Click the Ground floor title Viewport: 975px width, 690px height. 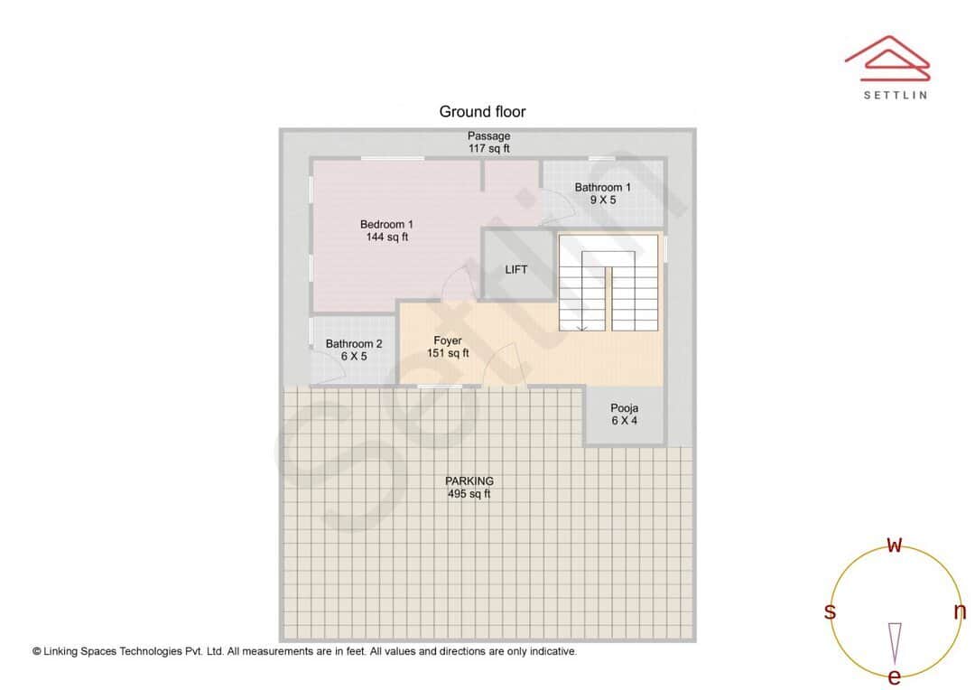(x=482, y=112)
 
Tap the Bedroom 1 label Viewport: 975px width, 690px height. (x=386, y=224)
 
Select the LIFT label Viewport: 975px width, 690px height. (x=516, y=269)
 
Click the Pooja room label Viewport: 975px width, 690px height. (x=624, y=408)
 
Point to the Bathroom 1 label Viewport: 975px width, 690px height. (x=603, y=188)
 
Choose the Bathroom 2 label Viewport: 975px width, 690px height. (x=354, y=344)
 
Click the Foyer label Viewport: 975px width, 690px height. (x=448, y=340)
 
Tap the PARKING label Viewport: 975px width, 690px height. (x=469, y=481)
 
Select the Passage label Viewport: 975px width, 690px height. (x=488, y=136)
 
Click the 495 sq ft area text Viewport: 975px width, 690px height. (x=469, y=494)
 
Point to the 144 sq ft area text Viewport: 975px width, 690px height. (x=386, y=238)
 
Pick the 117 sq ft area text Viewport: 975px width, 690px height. (x=488, y=148)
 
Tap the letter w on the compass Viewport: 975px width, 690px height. (x=895, y=545)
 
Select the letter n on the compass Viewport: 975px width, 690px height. (x=960, y=611)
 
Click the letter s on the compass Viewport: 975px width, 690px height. (x=830, y=611)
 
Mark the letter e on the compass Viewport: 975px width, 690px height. (x=895, y=676)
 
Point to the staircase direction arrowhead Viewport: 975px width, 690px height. (x=582, y=328)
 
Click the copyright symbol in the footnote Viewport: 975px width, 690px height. (x=37, y=650)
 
